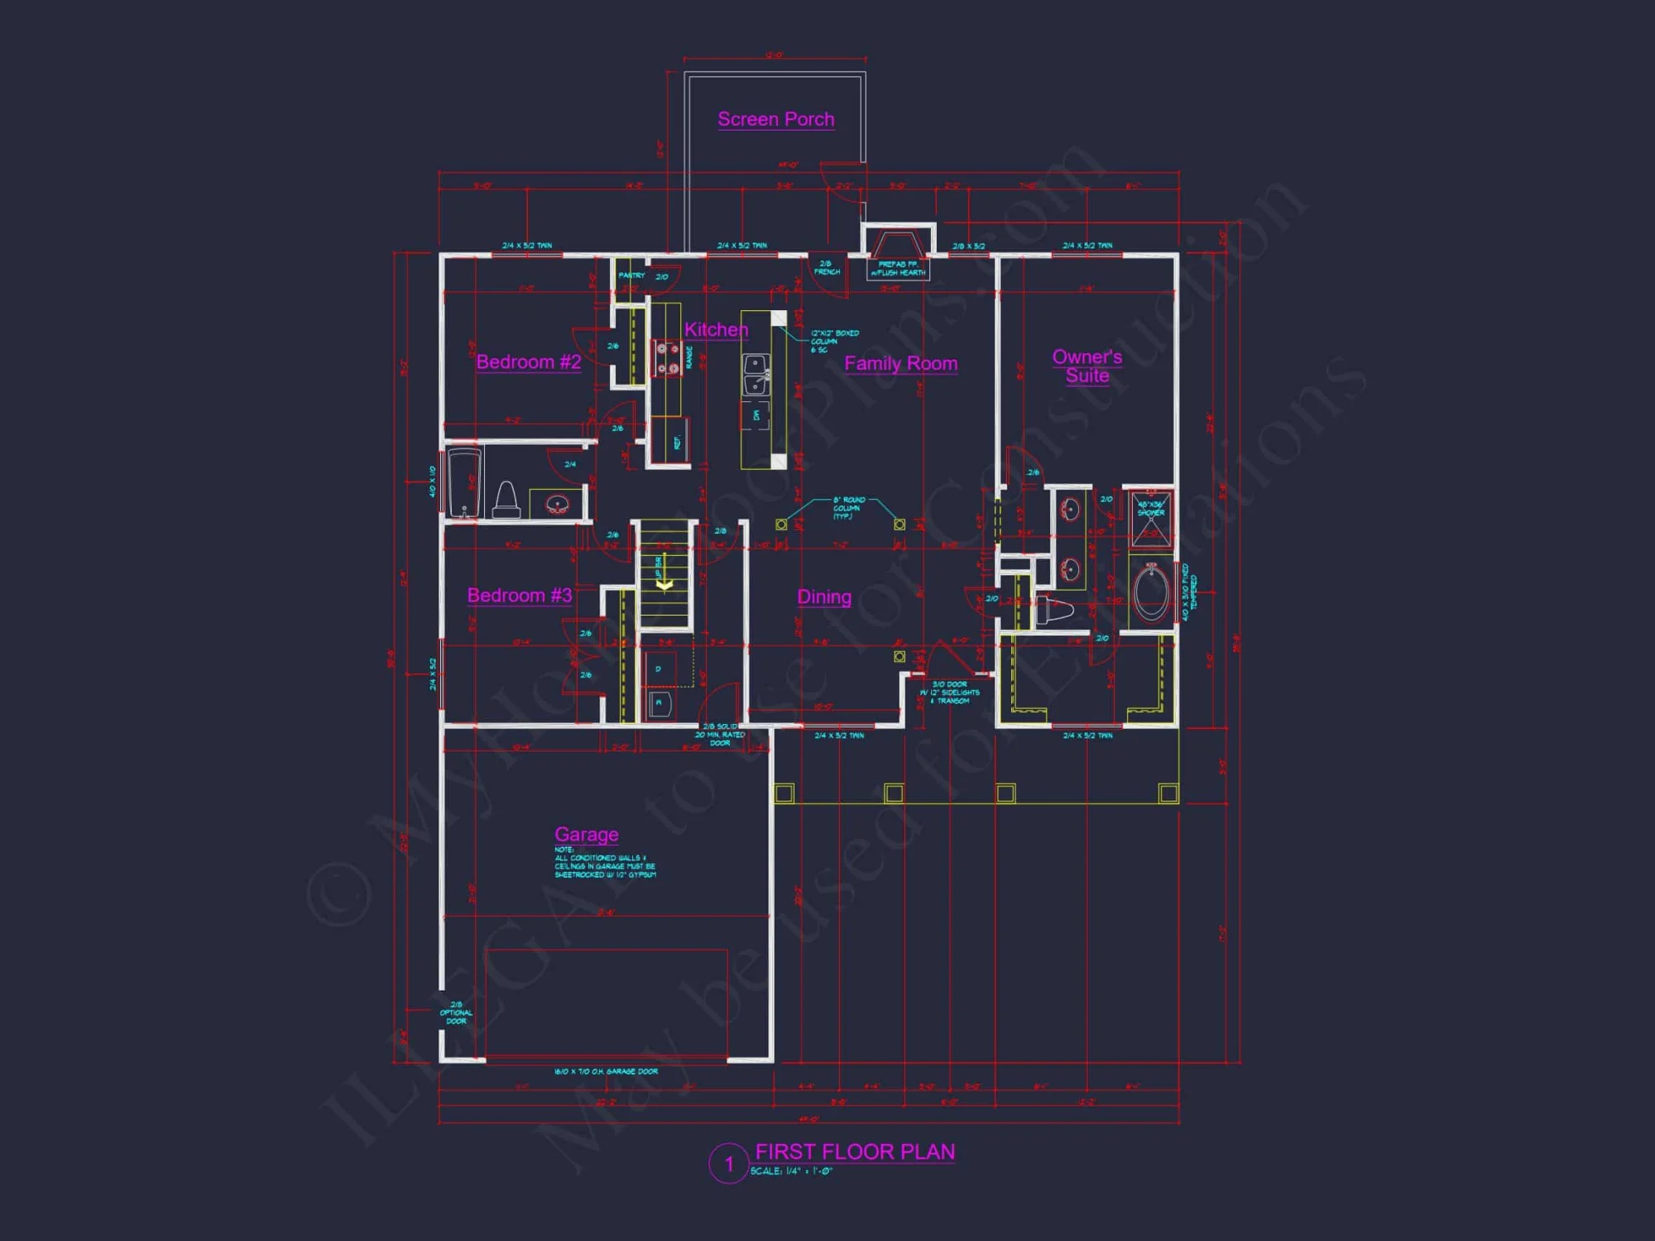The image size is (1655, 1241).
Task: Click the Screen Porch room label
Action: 775,119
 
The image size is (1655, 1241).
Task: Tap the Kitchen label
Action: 716,329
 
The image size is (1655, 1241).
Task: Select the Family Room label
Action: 900,363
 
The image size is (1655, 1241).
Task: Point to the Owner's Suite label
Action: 1087,366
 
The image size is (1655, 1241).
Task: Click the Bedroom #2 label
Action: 528,362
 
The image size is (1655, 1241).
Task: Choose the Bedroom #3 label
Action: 519,595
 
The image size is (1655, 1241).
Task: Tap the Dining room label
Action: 823,597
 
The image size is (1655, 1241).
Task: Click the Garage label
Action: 586,834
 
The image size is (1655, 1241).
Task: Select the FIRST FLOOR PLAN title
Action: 855,1152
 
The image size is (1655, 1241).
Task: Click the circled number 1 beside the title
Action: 729,1164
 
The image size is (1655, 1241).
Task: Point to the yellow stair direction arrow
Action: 664,584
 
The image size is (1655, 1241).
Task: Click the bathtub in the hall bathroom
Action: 464,484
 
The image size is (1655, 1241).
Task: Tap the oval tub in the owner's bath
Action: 1150,592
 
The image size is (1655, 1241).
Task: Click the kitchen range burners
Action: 667,357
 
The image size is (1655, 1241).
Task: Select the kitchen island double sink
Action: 756,375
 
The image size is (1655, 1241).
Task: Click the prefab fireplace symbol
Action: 898,247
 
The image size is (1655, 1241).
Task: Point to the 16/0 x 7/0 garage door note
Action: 606,1071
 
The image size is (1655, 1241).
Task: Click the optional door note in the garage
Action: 456,1013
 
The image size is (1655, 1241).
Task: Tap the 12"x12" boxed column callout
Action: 834,341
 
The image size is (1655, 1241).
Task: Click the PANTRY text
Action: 631,276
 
